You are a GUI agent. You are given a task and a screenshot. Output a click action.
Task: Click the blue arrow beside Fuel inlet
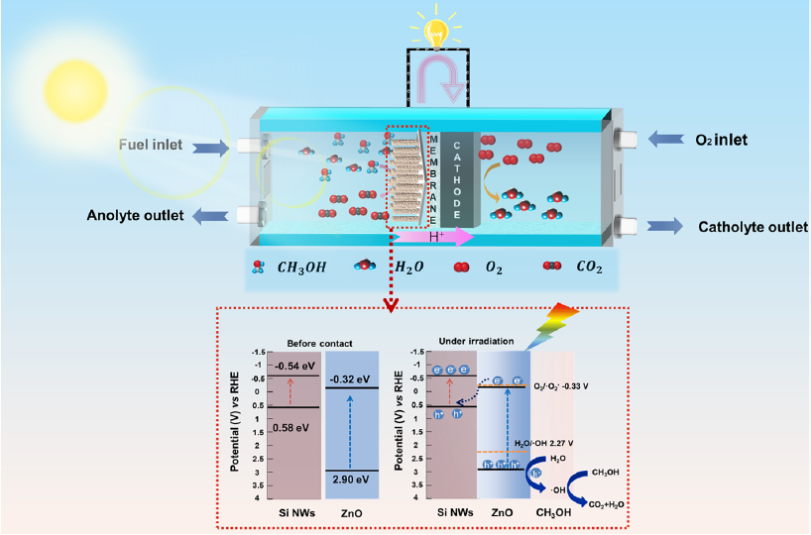208,147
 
